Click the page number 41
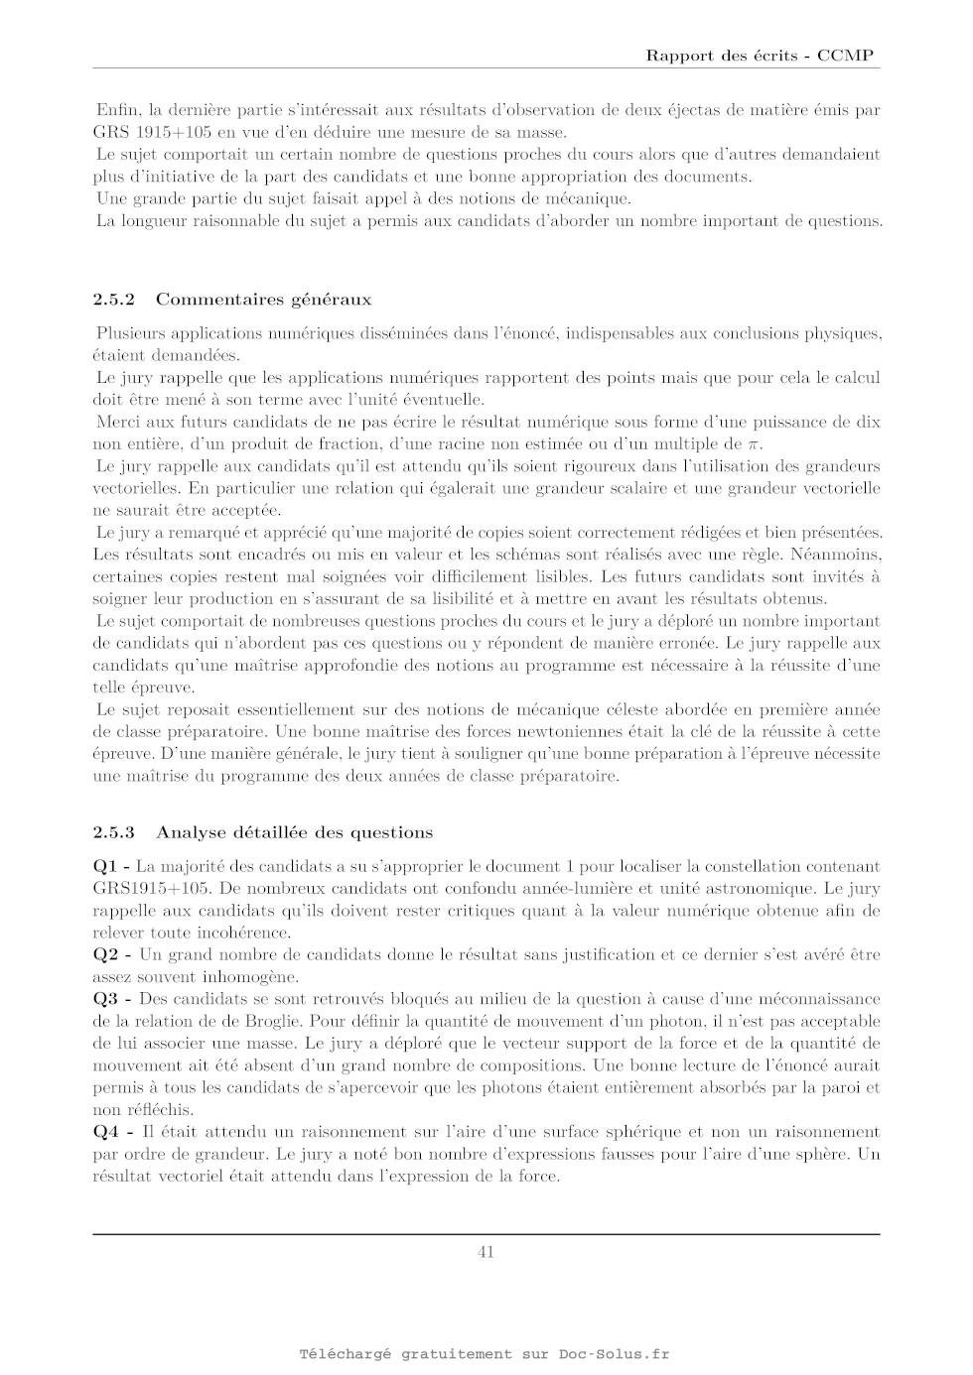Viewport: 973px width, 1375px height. point(486,1252)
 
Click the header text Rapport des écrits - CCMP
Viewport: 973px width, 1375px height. point(760,56)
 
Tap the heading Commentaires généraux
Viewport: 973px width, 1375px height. point(263,299)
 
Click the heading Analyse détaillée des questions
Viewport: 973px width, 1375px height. point(294,831)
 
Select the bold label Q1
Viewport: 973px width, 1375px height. point(105,867)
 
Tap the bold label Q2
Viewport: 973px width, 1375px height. point(105,955)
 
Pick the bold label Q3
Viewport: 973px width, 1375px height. point(105,999)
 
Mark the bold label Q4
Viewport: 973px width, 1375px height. point(105,1132)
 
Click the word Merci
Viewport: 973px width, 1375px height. point(117,423)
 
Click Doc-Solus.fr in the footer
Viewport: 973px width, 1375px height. point(614,1354)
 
